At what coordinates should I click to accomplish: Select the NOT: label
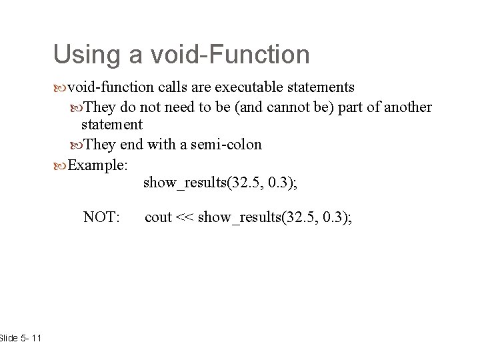101,217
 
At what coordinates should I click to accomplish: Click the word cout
158,217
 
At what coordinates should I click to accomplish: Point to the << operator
185,217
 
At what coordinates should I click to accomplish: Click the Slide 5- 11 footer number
20,339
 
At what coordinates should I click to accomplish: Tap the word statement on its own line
111,125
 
